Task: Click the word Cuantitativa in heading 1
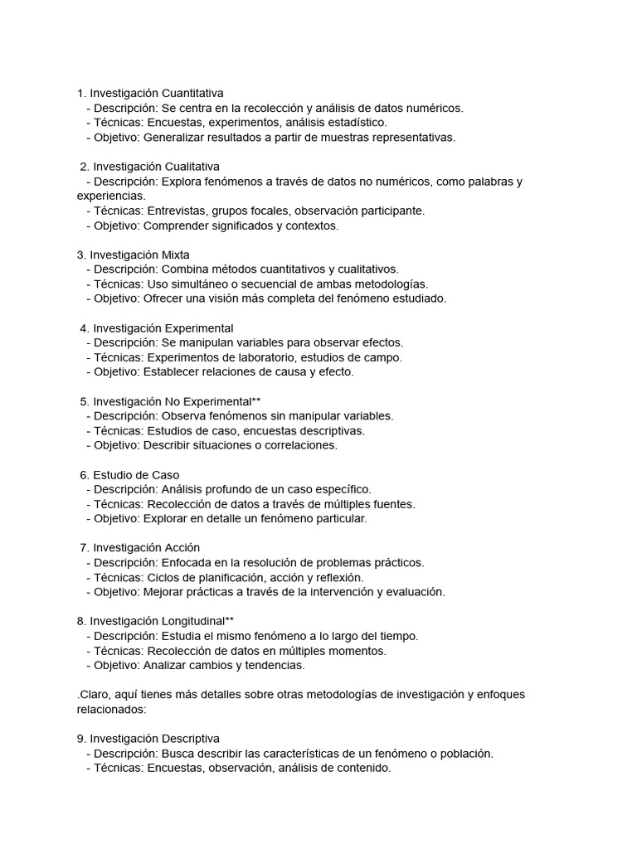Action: click(192, 93)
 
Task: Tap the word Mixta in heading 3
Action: click(174, 255)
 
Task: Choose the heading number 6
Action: click(84, 475)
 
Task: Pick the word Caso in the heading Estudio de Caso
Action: click(166, 475)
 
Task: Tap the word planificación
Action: click(223, 577)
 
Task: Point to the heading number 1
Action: click(80, 93)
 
